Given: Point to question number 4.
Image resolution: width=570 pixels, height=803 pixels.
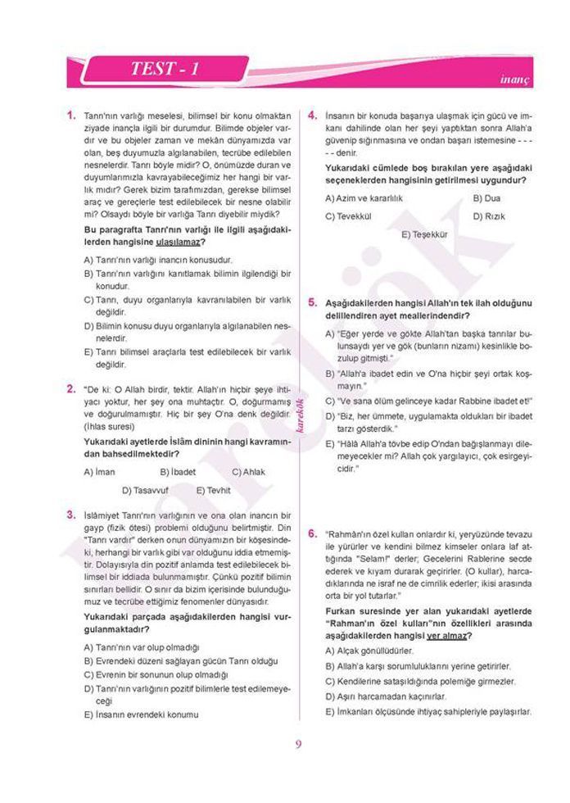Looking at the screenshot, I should coord(313,116).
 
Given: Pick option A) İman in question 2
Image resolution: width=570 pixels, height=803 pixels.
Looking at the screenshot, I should coord(99,472).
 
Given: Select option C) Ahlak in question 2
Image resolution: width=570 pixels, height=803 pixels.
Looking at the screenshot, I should coord(248,472).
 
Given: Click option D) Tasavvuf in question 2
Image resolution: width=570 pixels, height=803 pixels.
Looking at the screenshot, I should coord(147,491).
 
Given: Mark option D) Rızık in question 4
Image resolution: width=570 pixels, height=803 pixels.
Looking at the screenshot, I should coord(489,216).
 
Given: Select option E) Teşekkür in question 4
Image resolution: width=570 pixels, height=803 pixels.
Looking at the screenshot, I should coord(425,234).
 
